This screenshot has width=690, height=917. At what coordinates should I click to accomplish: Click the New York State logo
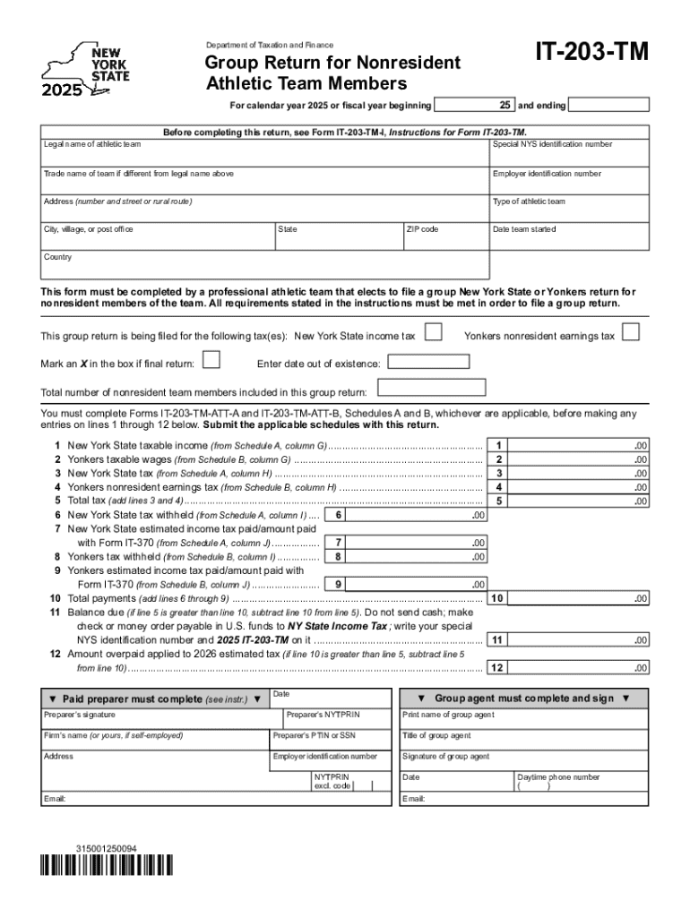pos(87,69)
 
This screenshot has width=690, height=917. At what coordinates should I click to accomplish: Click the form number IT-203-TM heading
pos(591,55)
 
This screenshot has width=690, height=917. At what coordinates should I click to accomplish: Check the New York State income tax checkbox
pos(433,333)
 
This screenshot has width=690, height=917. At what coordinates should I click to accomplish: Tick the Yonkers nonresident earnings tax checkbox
pos(631,333)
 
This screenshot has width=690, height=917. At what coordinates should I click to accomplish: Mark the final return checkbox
pos(211,361)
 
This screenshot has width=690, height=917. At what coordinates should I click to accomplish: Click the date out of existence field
pos(427,362)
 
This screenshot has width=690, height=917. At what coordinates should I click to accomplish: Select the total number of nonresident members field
pos(432,388)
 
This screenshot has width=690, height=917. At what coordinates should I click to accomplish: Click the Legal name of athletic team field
pos(264,153)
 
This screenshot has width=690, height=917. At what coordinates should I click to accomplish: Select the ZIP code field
pos(444,238)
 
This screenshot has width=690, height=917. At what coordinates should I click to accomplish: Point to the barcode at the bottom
pos(107,867)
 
